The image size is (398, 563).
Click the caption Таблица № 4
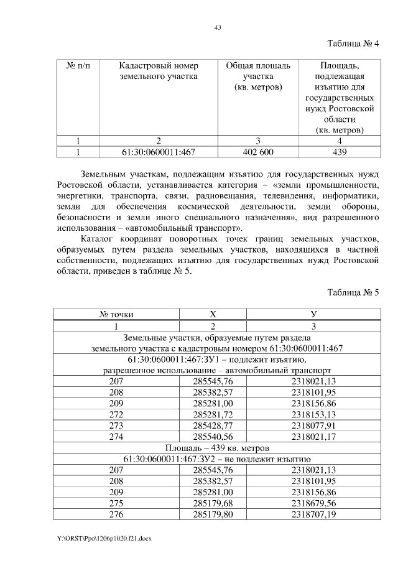(x=353, y=44)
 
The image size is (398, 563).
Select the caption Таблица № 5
(x=353, y=293)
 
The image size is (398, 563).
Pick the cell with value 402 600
(x=257, y=151)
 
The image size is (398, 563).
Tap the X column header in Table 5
(x=213, y=315)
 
